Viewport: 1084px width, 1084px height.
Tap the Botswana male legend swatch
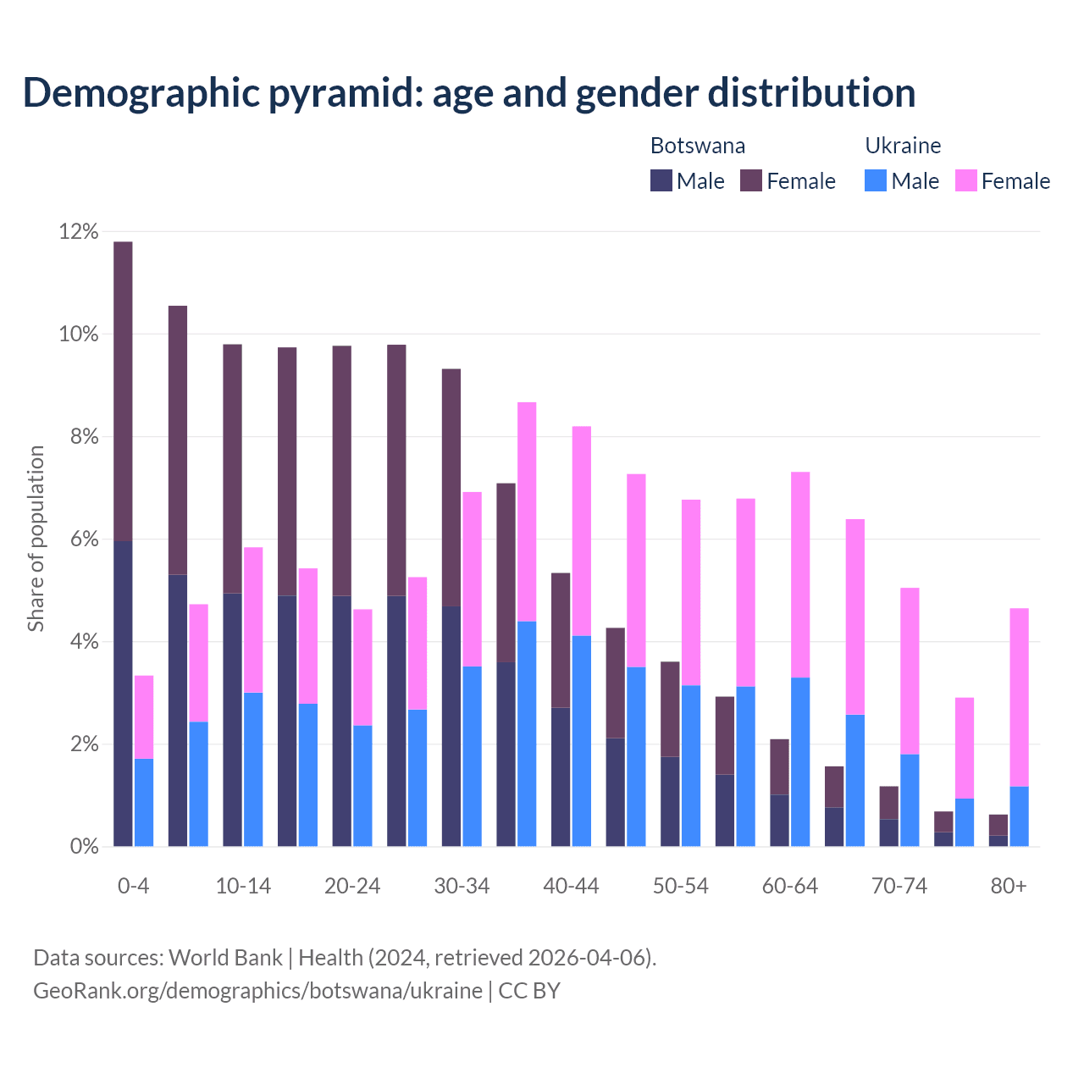click(661, 180)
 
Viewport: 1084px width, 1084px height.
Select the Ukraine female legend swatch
click(965, 180)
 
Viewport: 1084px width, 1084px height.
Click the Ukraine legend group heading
click(903, 146)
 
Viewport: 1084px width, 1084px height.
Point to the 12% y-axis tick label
click(79, 231)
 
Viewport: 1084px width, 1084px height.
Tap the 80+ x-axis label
click(1009, 886)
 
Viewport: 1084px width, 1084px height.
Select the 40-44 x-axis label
click(571, 886)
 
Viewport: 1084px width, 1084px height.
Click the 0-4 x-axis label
click(134, 886)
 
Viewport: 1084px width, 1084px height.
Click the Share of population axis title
click(36, 539)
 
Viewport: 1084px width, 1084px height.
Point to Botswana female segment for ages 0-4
click(123, 390)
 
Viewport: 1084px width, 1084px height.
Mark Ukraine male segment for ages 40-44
click(582, 740)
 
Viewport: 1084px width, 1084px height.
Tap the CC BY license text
click(529, 991)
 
